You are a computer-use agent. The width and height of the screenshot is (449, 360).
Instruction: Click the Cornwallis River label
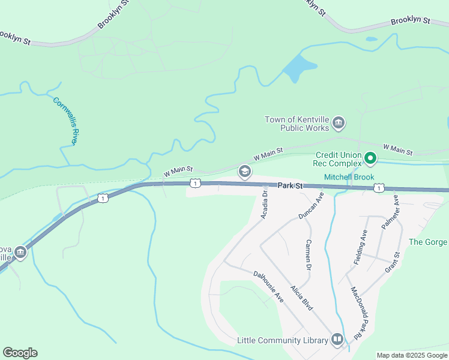pos(66,120)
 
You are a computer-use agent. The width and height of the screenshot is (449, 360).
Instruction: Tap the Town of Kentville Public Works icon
pos(338,124)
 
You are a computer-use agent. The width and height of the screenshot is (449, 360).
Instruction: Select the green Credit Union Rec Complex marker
pos(370,159)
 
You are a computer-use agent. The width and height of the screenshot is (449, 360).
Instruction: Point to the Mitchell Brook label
pos(349,178)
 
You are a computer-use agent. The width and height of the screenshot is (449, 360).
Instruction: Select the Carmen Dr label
pos(308,254)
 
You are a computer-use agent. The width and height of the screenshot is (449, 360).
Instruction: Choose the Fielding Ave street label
pos(360,247)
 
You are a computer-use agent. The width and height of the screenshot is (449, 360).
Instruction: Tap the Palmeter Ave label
pos(390,212)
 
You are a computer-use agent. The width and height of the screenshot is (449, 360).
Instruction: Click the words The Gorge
pos(428,242)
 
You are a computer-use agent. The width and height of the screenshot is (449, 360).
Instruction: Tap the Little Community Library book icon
pos(337,340)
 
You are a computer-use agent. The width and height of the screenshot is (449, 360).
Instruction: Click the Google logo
pos(20,353)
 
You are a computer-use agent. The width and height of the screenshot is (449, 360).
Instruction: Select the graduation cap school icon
pos(244,172)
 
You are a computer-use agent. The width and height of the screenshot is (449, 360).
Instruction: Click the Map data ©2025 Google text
pos(411,355)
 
